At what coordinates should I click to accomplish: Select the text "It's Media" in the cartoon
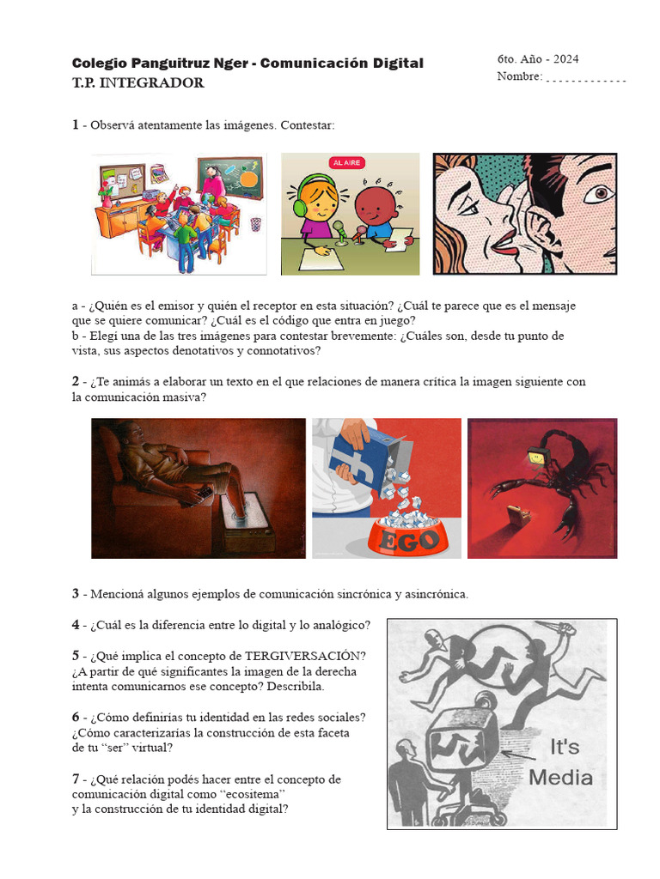(559, 762)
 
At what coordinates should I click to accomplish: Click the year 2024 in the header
(566, 59)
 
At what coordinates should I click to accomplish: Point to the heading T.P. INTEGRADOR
(138, 83)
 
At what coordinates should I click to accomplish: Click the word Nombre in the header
(519, 77)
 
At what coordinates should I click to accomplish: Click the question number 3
(76, 594)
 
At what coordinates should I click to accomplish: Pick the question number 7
(76, 779)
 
